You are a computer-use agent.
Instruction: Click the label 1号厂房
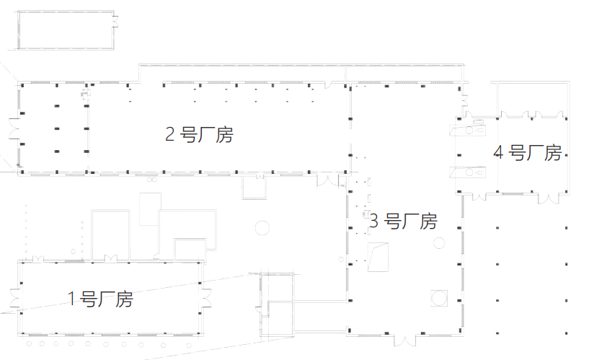point(100,299)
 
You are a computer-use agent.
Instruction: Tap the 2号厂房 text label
point(200,135)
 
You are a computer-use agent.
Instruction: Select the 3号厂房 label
point(403,221)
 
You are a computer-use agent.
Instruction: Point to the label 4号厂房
point(527,153)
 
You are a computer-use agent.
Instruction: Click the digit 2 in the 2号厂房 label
point(171,135)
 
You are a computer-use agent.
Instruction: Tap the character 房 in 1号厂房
point(123,299)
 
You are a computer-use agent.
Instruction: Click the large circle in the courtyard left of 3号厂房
point(263,229)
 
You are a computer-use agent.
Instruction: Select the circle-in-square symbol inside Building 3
point(439,297)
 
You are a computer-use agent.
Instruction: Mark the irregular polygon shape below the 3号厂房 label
point(378,258)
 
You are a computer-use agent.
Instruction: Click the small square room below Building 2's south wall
point(254,188)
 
